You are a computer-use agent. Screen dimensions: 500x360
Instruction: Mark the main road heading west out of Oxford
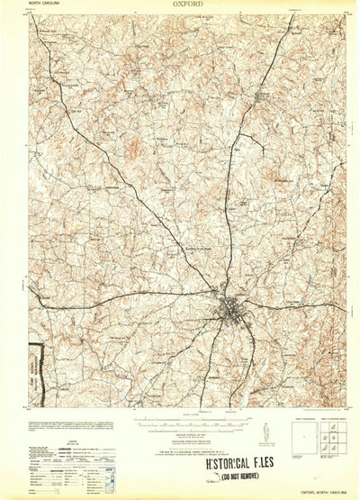pos(135,296)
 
